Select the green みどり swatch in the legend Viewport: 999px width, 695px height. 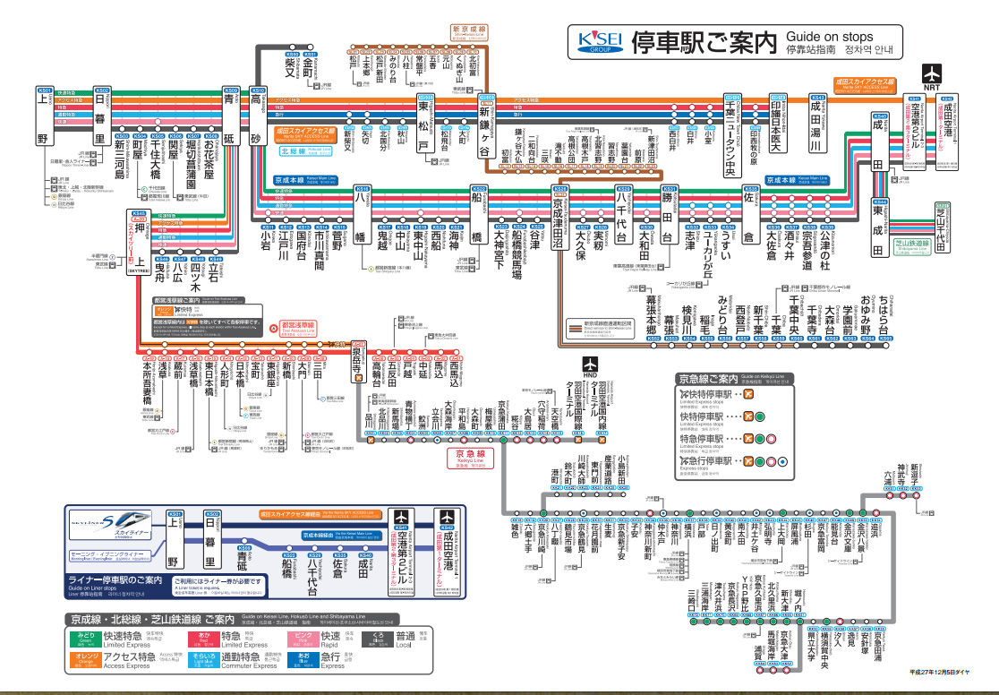tap(87, 639)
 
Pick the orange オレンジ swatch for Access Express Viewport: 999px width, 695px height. tap(87, 662)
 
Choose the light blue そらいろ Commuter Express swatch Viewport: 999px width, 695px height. tap(202, 662)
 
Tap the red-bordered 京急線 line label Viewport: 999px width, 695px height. tap(470, 458)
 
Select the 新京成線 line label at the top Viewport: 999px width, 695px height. tap(469, 30)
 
